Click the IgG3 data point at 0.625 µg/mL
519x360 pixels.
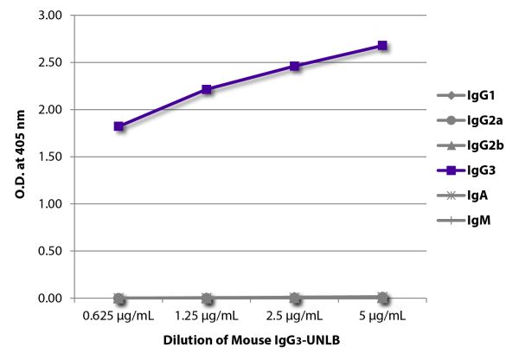119,126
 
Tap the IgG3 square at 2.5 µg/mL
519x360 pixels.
295,66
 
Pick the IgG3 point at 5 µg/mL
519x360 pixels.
382,46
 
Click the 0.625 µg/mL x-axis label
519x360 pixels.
119,317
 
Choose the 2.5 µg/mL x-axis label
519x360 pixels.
295,317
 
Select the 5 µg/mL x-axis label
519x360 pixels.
382,317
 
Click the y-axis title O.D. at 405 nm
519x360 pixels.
19,156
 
